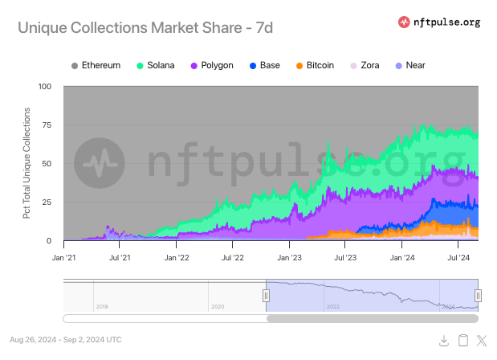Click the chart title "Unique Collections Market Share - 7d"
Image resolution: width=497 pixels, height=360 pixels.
(x=145, y=27)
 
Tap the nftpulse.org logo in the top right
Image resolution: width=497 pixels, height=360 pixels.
(x=439, y=22)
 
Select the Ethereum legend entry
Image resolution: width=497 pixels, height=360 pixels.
(x=96, y=64)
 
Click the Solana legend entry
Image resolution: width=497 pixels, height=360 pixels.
(x=156, y=64)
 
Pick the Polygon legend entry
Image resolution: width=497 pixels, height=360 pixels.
(x=212, y=64)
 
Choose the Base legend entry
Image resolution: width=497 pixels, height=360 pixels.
(x=264, y=64)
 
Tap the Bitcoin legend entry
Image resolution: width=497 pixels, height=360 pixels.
(x=315, y=64)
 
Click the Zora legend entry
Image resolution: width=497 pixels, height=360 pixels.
(x=365, y=64)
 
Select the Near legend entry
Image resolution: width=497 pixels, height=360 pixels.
(x=409, y=64)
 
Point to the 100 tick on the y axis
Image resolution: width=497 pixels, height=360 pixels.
(x=45, y=86)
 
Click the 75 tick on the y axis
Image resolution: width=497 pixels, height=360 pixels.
(x=47, y=125)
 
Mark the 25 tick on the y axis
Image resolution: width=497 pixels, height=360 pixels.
(x=47, y=202)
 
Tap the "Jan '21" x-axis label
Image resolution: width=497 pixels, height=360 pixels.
(x=63, y=259)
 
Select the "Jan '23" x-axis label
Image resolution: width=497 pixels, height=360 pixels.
(x=288, y=259)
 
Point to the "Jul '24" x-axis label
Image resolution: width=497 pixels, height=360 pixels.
(x=458, y=259)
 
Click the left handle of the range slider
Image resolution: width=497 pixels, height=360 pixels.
(x=266, y=295)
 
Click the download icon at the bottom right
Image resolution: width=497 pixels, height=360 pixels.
(x=444, y=341)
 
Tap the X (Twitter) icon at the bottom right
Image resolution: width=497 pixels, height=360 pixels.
(x=482, y=341)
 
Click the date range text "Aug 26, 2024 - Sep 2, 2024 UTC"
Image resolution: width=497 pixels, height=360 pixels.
(x=67, y=340)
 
